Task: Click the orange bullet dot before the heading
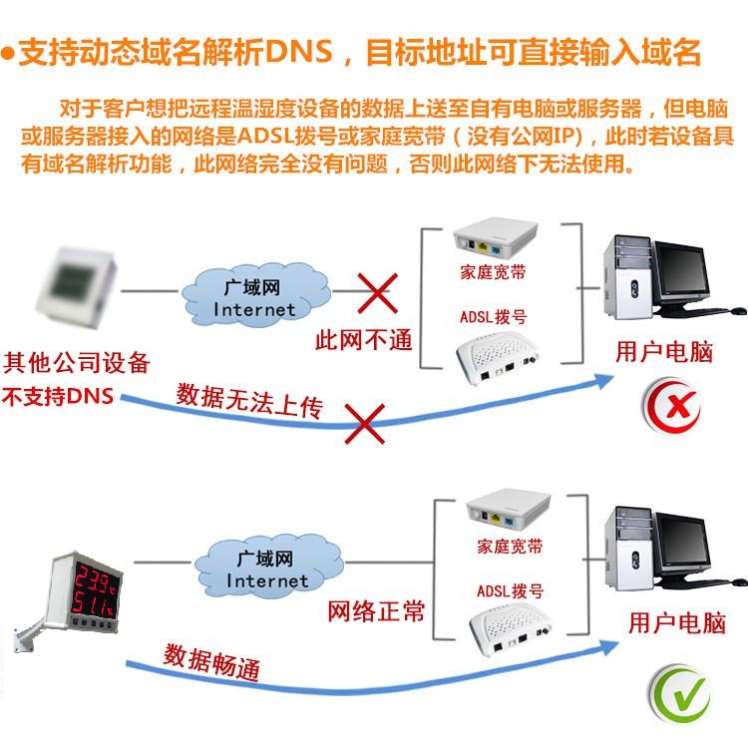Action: (8, 53)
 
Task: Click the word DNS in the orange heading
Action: (298, 52)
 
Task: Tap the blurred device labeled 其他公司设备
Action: (77, 287)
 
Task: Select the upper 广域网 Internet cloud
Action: (255, 295)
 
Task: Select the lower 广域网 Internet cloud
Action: (268, 566)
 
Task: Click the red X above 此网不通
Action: (378, 293)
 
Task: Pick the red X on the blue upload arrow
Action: (365, 424)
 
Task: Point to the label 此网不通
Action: (363, 341)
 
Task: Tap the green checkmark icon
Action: (680, 694)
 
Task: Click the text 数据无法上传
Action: (249, 401)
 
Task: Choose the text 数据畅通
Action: (211, 661)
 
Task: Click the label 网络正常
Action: (376, 611)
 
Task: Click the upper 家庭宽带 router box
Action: (495, 237)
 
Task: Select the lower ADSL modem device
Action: (510, 628)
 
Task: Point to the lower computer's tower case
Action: (628, 549)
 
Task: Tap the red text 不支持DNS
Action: (58, 396)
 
